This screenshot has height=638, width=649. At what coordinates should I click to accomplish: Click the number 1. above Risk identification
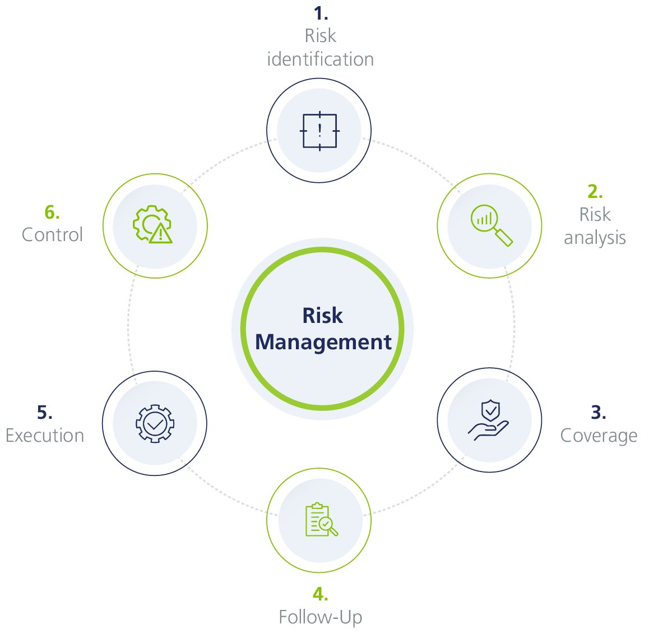[x=321, y=13]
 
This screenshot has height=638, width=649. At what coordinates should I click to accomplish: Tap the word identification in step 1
[x=320, y=59]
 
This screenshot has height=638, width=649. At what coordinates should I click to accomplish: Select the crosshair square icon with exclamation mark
[x=319, y=131]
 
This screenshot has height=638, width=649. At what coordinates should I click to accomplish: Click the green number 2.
[x=595, y=192]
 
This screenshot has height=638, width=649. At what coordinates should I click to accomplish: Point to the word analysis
[x=595, y=238]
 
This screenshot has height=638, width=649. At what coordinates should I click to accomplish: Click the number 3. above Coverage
[x=598, y=413]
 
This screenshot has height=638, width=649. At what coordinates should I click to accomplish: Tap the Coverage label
[x=599, y=436]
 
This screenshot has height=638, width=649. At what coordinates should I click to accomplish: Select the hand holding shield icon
[x=489, y=420]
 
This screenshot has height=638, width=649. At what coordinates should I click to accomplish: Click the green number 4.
[x=320, y=594]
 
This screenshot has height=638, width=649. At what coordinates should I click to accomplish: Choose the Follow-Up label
[x=320, y=617]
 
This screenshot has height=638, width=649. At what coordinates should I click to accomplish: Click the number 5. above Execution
[x=45, y=413]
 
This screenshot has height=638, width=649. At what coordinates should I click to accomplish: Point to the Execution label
[x=45, y=436]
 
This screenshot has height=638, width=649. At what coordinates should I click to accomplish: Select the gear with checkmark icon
[x=155, y=423]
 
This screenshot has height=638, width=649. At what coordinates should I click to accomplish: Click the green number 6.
[x=52, y=212]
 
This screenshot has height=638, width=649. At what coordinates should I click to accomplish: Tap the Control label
[x=52, y=234]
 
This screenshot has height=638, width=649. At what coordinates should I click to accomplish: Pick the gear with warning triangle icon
[x=153, y=225]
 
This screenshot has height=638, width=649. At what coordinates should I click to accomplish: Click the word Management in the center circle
[x=323, y=342]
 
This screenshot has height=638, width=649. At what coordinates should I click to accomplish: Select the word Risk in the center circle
[x=323, y=316]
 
